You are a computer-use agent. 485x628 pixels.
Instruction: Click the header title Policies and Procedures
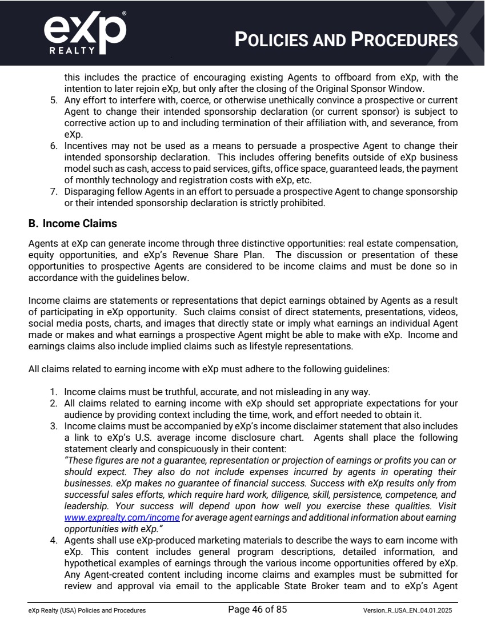click(x=346, y=40)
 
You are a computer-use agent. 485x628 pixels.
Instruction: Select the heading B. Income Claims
click(x=73, y=223)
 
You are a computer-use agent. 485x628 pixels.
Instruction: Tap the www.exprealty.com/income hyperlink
click(x=122, y=517)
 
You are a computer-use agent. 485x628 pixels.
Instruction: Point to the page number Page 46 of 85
click(x=257, y=610)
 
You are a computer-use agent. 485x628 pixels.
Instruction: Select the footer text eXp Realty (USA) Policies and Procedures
click(x=87, y=610)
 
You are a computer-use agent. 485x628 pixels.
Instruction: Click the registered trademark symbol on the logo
click(x=125, y=12)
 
